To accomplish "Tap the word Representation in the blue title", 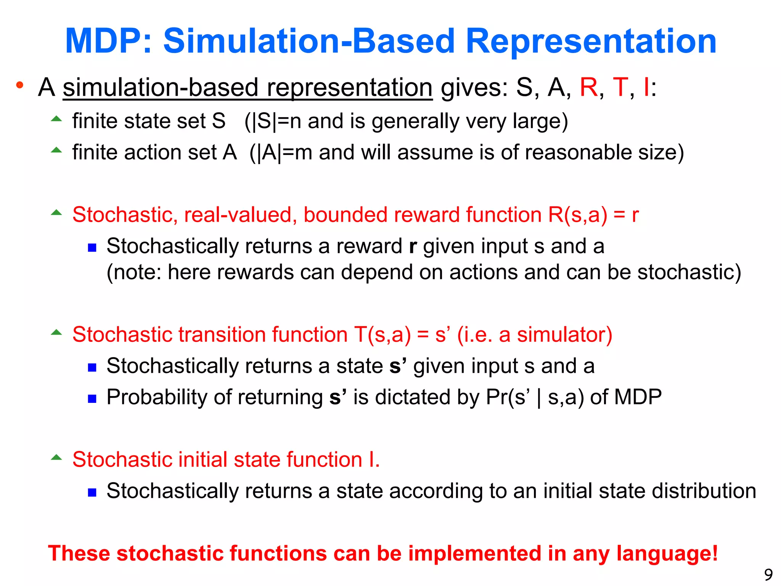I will [591, 41].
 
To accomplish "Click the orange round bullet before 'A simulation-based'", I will [20, 85].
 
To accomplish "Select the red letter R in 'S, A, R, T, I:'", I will [588, 87].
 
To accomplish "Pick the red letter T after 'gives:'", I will [620, 87].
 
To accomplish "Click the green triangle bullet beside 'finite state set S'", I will [56, 119].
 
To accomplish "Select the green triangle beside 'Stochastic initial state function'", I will [56, 457].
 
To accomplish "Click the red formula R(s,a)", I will [577, 215].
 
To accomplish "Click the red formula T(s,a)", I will [382, 335].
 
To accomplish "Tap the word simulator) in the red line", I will [564, 335].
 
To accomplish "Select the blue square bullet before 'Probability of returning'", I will [92, 399].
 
